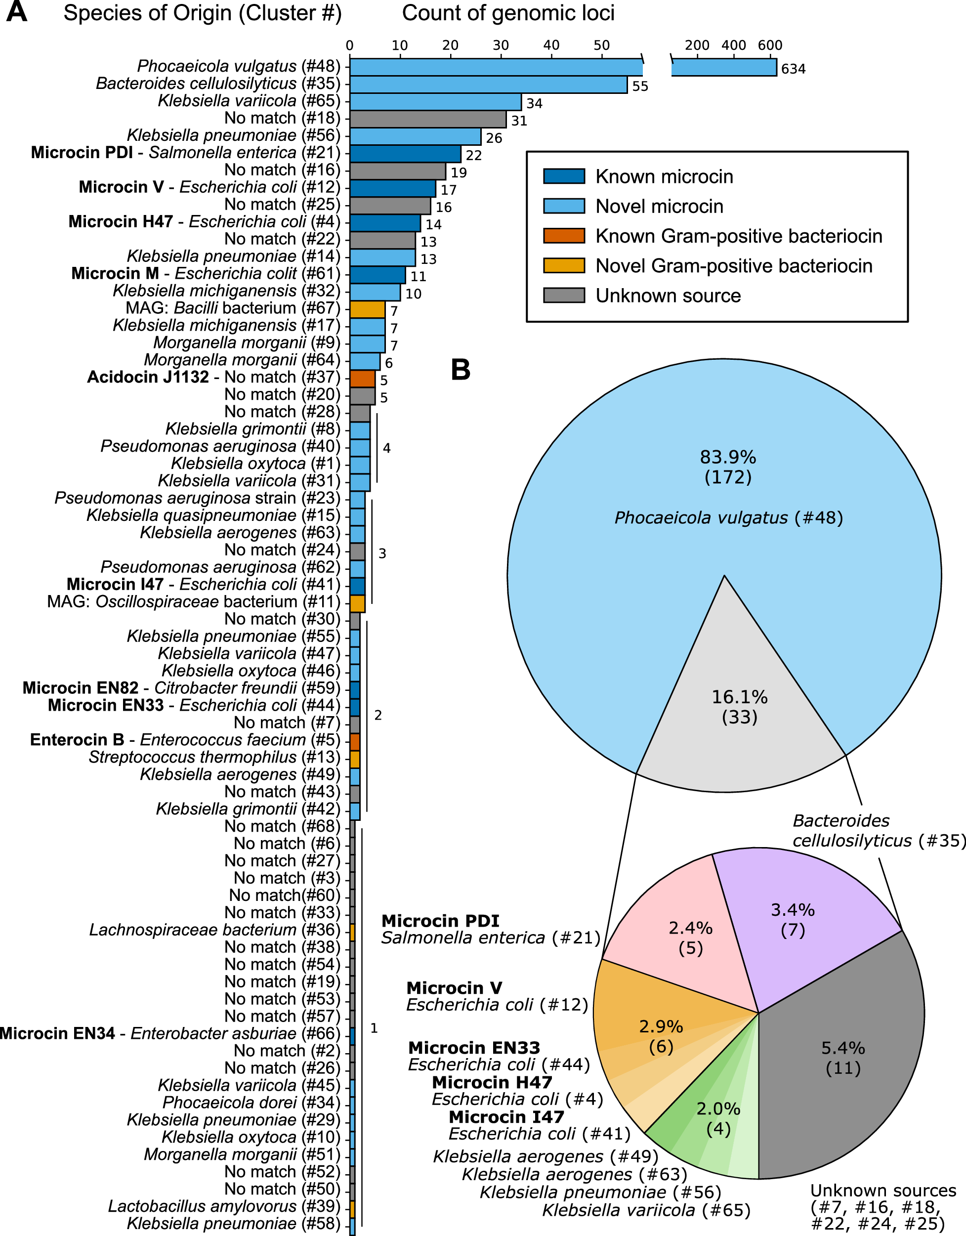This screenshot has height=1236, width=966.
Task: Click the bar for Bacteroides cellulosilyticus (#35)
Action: click(488, 85)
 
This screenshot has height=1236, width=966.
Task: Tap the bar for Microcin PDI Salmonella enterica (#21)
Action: click(405, 154)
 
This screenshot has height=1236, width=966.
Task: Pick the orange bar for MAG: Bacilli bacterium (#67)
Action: click(367, 309)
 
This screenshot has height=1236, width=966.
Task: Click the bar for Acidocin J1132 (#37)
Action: click(362, 379)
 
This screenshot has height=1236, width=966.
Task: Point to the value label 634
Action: click(793, 69)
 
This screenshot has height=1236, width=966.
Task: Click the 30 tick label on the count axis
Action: click(501, 46)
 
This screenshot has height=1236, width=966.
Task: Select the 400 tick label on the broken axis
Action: click(733, 45)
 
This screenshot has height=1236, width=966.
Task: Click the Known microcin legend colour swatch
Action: click(564, 176)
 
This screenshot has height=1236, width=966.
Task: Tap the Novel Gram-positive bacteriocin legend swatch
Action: click(564, 266)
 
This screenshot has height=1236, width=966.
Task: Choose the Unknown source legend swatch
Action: click(564, 296)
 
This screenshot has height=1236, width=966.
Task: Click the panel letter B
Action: click(461, 370)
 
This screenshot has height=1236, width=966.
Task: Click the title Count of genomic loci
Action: click(507, 13)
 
